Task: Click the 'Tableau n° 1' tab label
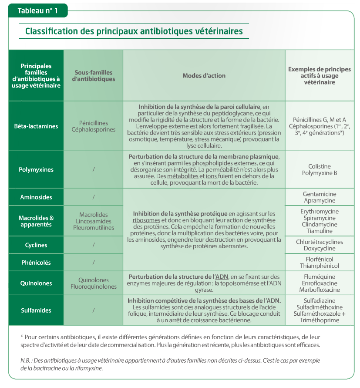(x=37, y=10)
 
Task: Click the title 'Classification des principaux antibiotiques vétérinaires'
(x=134, y=31)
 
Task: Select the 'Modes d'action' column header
(x=204, y=76)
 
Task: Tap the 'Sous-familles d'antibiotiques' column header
(x=94, y=76)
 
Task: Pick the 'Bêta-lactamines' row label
(x=36, y=126)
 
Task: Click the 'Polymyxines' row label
(x=36, y=170)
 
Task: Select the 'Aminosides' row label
(x=36, y=197)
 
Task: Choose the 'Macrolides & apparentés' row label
(x=36, y=221)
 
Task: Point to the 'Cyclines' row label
(x=36, y=245)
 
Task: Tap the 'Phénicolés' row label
(x=36, y=263)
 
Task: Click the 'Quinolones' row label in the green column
(x=36, y=283)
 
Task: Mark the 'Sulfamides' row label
(x=36, y=310)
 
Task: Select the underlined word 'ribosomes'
(x=145, y=220)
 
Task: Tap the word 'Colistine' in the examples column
(x=320, y=166)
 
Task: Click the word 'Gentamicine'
(x=320, y=194)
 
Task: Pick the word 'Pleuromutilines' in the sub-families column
(x=94, y=228)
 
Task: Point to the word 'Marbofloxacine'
(x=320, y=290)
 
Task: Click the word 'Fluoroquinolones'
(x=94, y=287)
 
